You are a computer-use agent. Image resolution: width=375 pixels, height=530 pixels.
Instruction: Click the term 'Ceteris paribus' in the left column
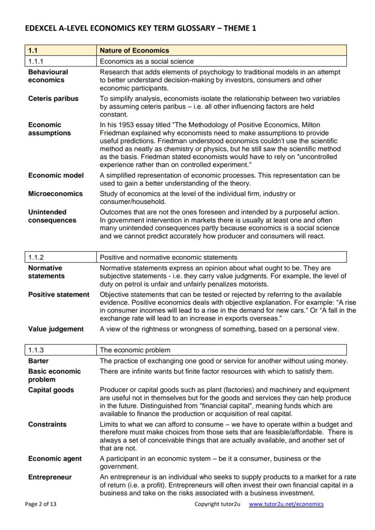[x=53, y=99]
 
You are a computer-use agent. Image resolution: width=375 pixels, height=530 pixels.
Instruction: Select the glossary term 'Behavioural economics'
[x=48, y=76]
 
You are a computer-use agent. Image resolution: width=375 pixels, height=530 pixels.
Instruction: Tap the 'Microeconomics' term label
[x=55, y=194]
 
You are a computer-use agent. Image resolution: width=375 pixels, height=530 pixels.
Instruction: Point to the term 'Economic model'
[x=56, y=175]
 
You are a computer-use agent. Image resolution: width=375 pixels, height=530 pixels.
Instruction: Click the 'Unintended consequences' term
[x=52, y=216]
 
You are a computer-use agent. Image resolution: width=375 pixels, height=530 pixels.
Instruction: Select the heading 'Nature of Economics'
[x=134, y=50]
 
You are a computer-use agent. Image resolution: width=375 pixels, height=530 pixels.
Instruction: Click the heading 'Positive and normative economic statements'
[x=168, y=258]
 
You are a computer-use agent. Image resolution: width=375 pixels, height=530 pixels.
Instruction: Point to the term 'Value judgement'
[x=56, y=329]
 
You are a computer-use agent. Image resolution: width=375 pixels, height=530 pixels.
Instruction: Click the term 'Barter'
[x=38, y=361]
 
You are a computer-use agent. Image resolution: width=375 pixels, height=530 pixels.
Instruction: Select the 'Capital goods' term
[x=51, y=390]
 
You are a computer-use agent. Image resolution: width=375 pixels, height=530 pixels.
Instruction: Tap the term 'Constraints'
[x=47, y=425]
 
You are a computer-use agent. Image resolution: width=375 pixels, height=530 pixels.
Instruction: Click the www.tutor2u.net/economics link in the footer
[x=286, y=504]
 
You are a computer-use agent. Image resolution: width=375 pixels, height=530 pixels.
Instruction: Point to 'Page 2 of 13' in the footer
[x=41, y=504]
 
